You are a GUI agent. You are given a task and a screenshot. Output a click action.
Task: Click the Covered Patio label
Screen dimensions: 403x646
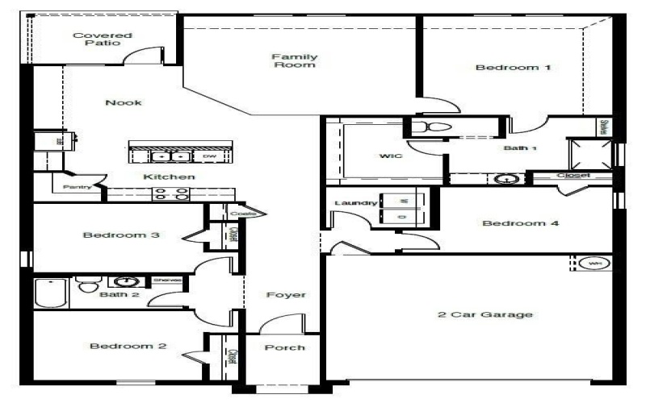tap(103, 39)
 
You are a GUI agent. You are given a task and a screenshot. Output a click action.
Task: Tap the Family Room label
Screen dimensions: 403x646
tap(294, 61)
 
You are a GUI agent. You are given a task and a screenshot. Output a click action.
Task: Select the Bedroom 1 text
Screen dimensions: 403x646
tap(513, 68)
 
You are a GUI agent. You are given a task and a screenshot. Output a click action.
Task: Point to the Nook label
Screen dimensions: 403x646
tap(124, 102)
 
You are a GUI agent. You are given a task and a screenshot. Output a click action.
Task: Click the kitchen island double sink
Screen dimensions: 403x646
tap(170, 156)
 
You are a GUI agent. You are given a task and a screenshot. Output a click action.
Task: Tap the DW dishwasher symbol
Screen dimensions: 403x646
tap(209, 156)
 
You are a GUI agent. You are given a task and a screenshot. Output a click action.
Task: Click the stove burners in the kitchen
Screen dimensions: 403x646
tap(170, 194)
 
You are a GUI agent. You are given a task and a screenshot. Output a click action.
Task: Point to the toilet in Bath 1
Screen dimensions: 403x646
tap(436, 127)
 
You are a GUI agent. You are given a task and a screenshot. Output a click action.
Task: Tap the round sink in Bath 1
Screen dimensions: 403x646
tap(507, 179)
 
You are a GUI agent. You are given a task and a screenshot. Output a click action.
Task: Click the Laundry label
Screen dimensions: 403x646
tap(355, 203)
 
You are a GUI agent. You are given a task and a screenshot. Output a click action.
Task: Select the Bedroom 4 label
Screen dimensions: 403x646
tap(520, 223)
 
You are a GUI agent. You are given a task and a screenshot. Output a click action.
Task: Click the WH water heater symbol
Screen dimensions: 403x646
tap(595, 264)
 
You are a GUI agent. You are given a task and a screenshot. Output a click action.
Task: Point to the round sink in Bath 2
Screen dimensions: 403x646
tap(127, 281)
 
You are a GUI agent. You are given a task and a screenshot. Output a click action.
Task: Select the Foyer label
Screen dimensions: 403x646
tap(287, 295)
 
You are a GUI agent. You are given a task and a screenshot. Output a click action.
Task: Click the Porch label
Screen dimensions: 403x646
tap(285, 347)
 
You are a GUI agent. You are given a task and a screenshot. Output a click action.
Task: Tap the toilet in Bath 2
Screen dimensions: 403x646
tap(86, 284)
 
